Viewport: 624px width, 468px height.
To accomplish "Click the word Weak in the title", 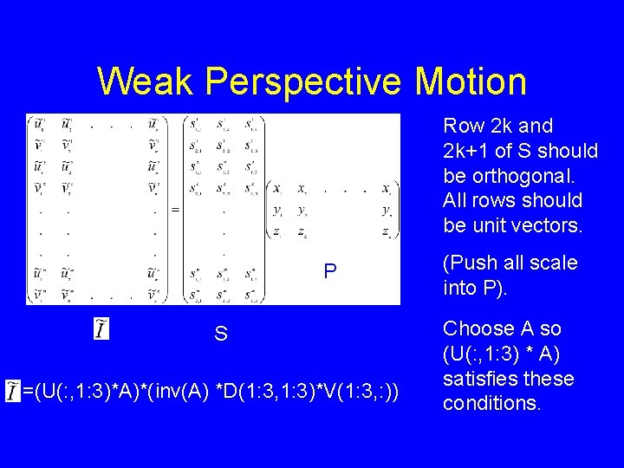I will (146, 81).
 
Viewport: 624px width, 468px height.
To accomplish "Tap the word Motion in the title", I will (471, 81).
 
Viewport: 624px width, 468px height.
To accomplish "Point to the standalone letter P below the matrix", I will (329, 272).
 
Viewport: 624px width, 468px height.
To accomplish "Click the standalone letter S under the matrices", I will (221, 334).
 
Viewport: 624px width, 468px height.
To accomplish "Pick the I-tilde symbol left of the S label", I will (101, 329).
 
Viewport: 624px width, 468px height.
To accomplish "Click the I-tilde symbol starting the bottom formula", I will (13, 390).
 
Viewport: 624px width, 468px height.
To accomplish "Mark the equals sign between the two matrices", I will (175, 209).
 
